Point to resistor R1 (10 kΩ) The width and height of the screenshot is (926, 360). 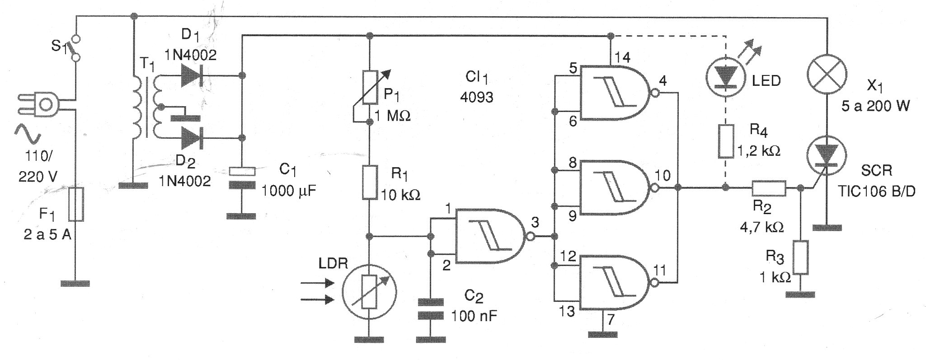click(x=370, y=182)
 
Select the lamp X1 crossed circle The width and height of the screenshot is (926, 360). click(x=827, y=75)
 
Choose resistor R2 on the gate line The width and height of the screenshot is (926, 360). click(x=769, y=188)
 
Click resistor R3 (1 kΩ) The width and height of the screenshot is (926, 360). click(x=800, y=257)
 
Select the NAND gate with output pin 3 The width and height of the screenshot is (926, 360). click(x=490, y=236)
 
